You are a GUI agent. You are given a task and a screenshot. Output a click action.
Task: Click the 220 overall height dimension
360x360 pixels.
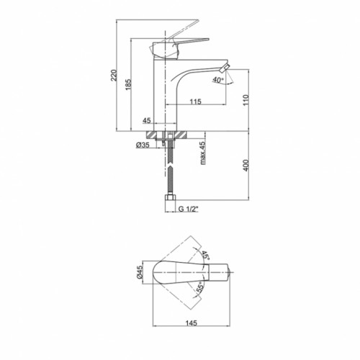[x=114, y=75]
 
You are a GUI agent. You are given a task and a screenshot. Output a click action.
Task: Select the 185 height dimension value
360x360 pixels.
[x=128, y=84]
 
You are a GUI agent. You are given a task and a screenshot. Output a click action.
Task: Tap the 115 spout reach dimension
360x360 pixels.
[x=196, y=102]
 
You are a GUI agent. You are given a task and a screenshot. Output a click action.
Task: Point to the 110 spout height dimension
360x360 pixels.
[x=246, y=100]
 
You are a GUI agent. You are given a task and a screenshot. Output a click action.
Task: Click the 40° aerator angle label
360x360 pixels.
[x=218, y=80]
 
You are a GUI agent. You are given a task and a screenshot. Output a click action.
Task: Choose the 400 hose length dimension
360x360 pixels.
[x=246, y=165]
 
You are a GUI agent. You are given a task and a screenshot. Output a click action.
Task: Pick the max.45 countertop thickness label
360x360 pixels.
[x=203, y=153]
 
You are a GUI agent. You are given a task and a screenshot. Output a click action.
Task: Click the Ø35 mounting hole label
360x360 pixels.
[x=143, y=145]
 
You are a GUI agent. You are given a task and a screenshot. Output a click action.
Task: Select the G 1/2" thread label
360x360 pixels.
[x=189, y=209]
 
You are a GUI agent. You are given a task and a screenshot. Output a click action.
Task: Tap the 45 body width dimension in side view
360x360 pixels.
[x=147, y=120]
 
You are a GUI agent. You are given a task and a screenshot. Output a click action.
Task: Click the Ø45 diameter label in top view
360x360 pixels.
[x=140, y=272]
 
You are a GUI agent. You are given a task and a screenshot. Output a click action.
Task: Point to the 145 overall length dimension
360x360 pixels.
[x=192, y=323]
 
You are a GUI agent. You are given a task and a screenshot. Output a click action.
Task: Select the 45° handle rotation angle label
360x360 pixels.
[x=205, y=256]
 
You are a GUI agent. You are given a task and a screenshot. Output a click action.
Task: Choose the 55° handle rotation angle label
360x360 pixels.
[x=200, y=287]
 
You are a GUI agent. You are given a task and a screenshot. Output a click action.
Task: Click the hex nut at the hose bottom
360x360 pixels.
[x=171, y=198]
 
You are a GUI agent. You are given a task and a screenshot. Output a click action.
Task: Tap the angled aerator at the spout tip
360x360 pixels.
[x=225, y=68]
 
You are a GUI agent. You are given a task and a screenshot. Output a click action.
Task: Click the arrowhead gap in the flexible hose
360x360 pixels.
[x=170, y=164]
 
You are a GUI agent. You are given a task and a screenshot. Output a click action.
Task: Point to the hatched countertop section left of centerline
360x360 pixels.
[x=153, y=135]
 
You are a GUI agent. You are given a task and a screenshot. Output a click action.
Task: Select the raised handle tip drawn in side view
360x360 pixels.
[x=196, y=21]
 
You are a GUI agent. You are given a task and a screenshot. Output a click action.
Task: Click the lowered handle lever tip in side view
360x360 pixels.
[x=207, y=39]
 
